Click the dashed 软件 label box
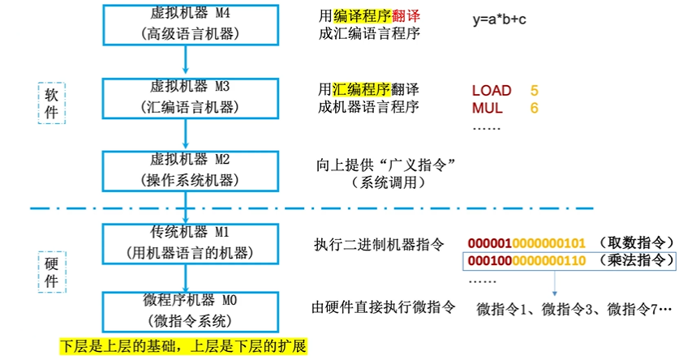click(51, 103)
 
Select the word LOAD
click(491, 90)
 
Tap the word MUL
click(487, 108)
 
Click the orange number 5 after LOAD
click(534, 90)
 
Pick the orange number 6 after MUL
click(534, 108)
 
